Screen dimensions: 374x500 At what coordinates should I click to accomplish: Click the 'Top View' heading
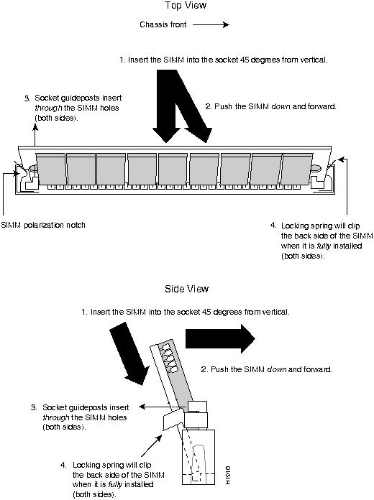coord(186,6)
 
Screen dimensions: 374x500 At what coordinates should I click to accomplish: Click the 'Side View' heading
coord(186,289)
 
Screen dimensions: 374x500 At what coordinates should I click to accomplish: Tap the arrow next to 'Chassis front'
coord(211,25)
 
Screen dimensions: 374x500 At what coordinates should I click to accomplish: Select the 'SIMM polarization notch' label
coord(43,225)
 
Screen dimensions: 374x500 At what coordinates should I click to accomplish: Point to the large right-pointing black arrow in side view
coord(220,338)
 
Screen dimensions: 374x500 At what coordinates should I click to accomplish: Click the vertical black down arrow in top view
coord(166,106)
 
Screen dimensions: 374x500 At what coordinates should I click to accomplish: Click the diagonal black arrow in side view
coord(129,354)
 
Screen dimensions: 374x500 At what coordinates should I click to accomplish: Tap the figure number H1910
coord(228,475)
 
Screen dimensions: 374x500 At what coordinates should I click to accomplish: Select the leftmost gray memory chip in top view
coord(50,169)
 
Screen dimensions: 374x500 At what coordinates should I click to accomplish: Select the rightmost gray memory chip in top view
coord(297,169)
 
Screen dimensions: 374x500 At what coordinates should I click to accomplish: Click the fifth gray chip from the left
coord(173,169)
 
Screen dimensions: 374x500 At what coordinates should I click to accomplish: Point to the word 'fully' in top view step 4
coord(324,246)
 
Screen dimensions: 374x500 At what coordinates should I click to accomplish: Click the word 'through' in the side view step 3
coord(56,417)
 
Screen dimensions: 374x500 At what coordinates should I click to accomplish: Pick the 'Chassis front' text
coord(163,25)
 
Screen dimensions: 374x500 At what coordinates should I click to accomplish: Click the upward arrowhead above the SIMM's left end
coord(35,127)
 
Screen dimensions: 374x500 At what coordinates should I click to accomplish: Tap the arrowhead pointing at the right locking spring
coord(342,159)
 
